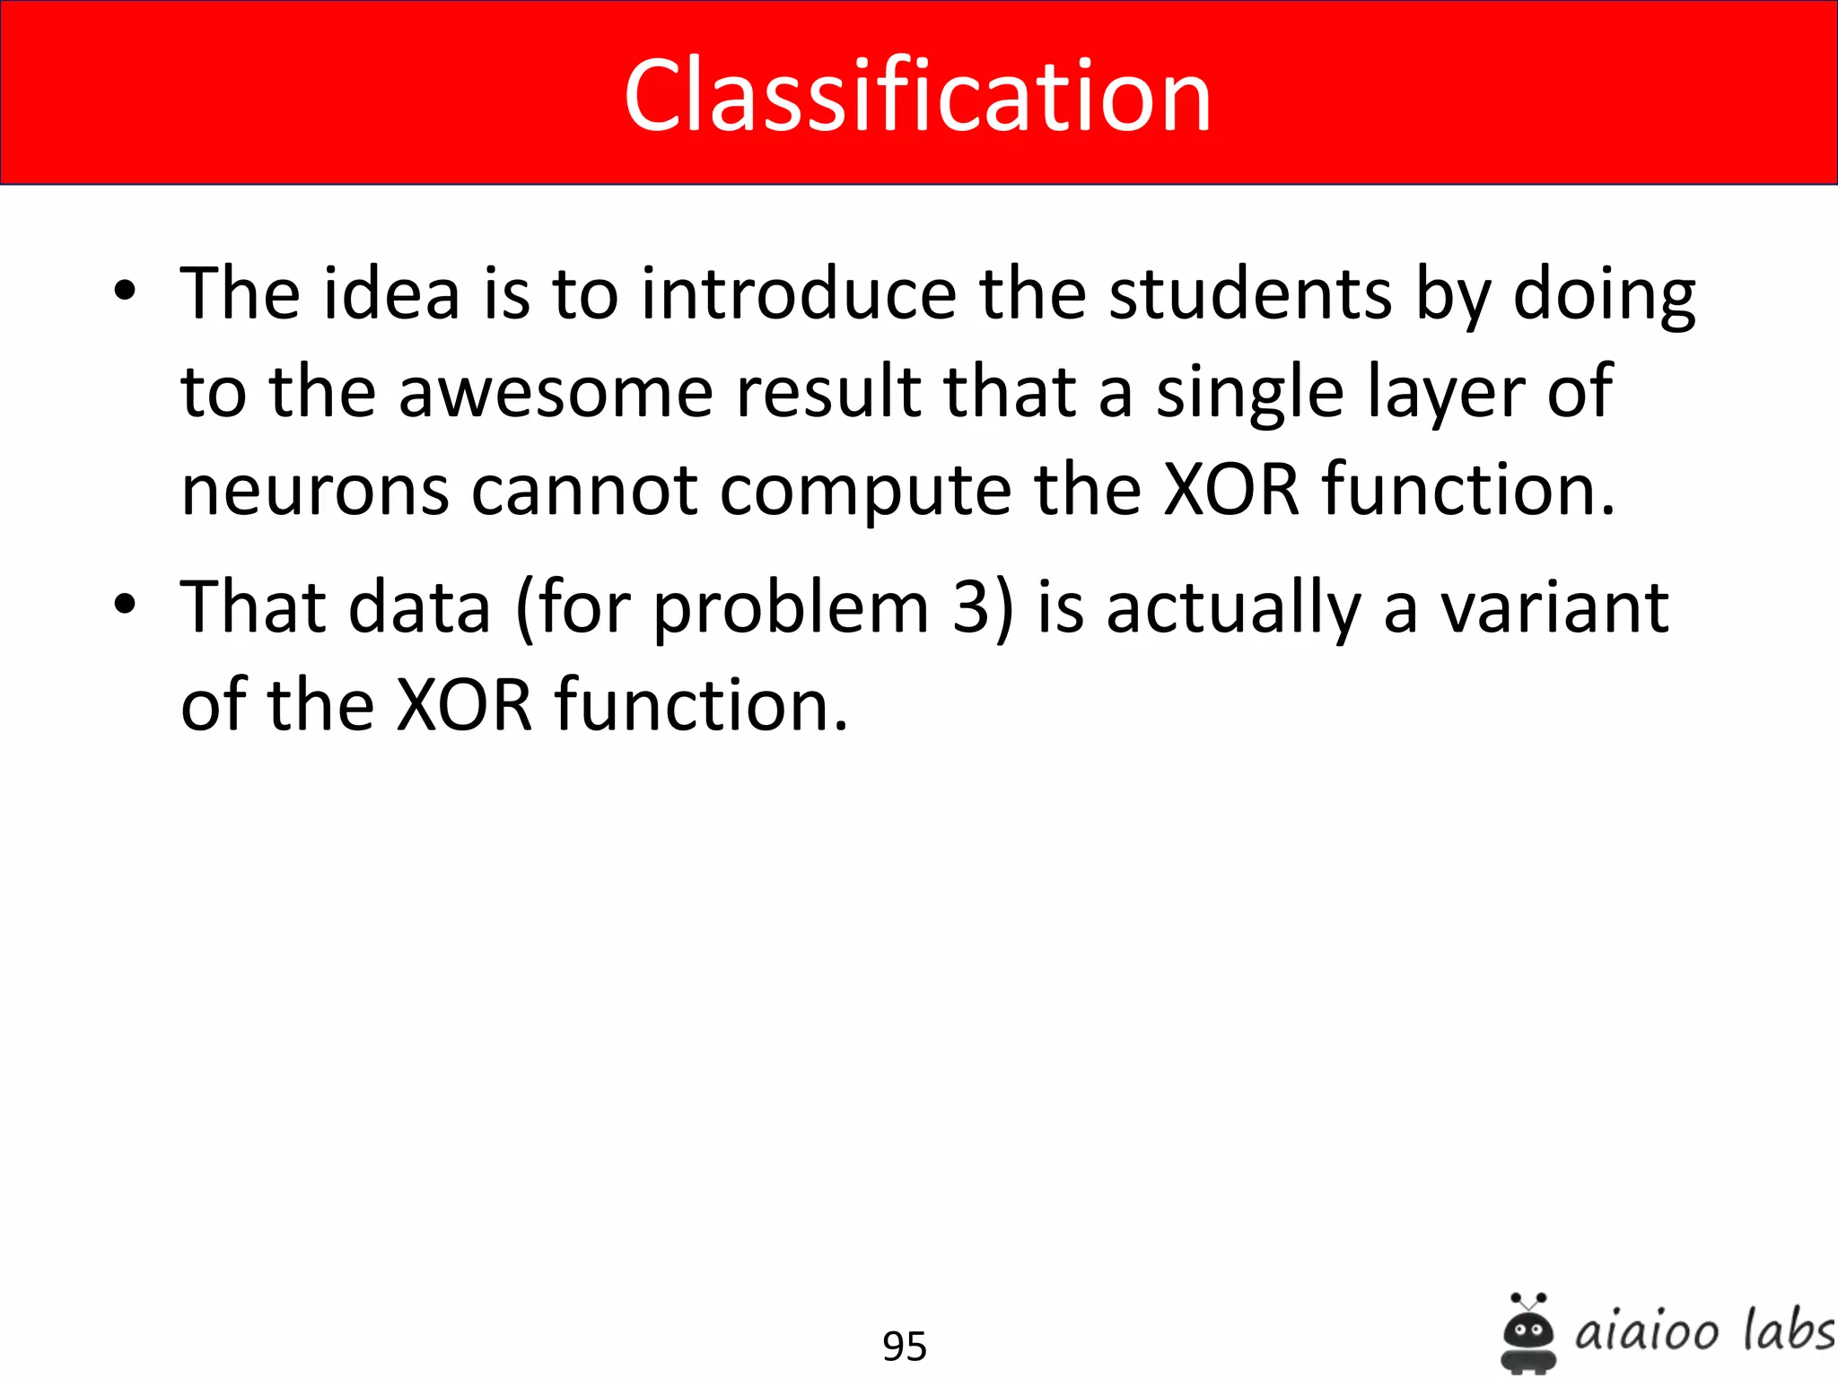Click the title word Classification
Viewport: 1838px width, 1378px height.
(917, 95)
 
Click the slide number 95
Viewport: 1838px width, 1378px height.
(904, 1347)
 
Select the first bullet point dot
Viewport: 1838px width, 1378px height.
(125, 291)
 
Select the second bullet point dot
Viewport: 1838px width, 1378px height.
(125, 604)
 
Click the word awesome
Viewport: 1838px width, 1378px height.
(556, 392)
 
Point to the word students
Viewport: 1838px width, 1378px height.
(1250, 293)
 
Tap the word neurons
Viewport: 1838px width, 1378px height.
(314, 491)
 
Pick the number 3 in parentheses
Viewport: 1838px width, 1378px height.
(971, 607)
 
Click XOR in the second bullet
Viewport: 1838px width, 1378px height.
(464, 705)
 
